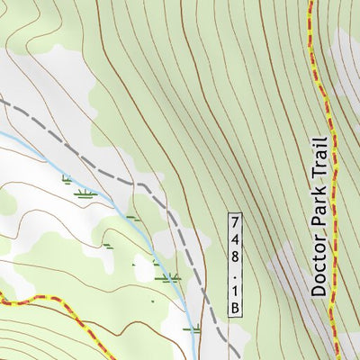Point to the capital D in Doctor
tap(317, 290)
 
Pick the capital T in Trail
tap(317, 175)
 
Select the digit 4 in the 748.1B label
tap(236, 239)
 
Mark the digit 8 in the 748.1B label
tap(236, 256)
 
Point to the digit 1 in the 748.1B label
tap(236, 290)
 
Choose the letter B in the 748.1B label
tap(236, 308)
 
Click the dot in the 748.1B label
tap(236, 274)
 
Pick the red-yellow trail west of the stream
tap(36, 298)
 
